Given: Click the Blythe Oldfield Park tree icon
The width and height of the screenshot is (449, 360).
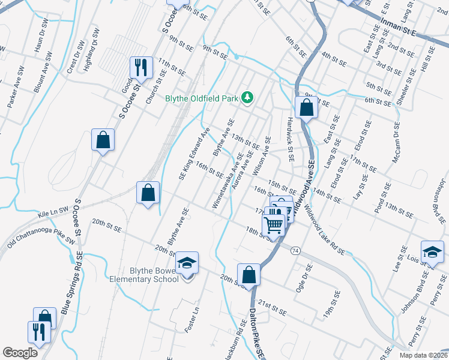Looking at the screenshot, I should click(247, 97).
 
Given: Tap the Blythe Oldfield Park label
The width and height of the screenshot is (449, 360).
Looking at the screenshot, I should click(202, 98).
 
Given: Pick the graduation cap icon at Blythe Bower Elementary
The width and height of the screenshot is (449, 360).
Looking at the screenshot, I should click(187, 262).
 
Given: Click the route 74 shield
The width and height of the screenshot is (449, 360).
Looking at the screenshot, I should click(295, 250).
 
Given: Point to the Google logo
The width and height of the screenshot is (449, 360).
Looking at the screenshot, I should click(20, 353).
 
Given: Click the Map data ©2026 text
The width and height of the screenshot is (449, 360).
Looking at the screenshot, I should click(423, 355).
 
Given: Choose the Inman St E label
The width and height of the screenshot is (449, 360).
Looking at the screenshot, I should click(399, 27).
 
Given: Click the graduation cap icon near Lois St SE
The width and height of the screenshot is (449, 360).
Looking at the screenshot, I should click(432, 252).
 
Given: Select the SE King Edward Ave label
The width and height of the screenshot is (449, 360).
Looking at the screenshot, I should click(194, 153).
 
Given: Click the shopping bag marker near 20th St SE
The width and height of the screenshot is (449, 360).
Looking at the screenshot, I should click(249, 274).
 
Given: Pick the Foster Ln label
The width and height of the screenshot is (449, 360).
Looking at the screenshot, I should click(196, 320).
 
